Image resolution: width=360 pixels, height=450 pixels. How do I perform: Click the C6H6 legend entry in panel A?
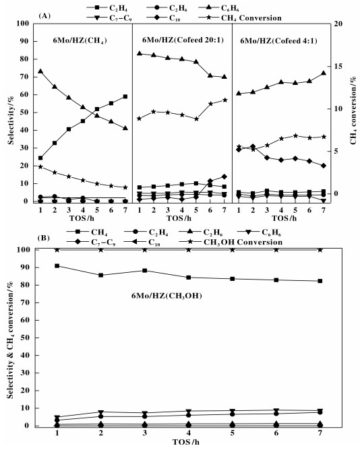(219, 8)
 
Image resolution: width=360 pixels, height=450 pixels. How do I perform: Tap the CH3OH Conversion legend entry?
(231, 242)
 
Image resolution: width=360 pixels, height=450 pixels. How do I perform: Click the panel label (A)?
(44, 15)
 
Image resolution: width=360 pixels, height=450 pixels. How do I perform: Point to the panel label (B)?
(44, 238)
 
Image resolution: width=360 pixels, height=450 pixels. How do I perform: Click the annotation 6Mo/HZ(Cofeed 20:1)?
(183, 40)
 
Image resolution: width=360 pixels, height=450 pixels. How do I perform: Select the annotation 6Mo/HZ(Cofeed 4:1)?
(278, 40)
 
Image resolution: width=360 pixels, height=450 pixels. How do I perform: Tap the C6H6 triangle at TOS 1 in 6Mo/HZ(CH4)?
(40, 71)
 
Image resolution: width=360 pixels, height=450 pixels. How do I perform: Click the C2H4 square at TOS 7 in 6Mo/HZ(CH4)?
(125, 97)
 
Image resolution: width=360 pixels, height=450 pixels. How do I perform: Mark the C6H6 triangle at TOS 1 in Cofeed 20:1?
(140, 53)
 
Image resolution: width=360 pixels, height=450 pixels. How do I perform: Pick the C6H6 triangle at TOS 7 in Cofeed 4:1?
(324, 73)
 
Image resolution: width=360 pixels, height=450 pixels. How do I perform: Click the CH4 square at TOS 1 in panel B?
(57, 265)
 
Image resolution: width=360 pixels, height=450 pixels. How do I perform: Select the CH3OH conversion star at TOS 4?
(189, 250)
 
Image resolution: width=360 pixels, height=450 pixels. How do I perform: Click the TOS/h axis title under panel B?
(186, 442)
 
